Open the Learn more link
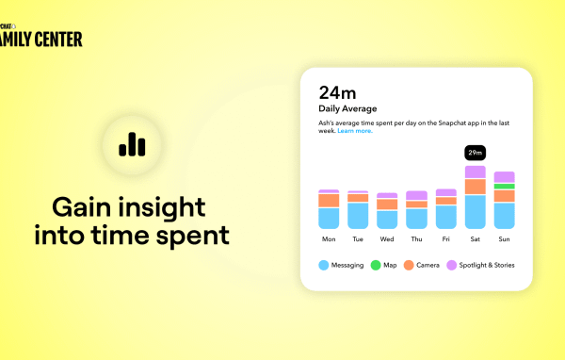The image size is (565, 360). pyautogui.click(x=355, y=131)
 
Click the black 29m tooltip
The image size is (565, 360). pyautogui.click(x=476, y=152)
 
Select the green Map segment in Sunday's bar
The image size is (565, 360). pyautogui.click(x=505, y=187)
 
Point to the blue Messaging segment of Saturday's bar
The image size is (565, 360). pyautogui.click(x=476, y=212)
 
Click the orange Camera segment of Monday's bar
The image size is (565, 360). pyautogui.click(x=329, y=201)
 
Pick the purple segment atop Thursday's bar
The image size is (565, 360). pyautogui.click(x=416, y=195)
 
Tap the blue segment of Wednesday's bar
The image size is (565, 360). pyautogui.click(x=387, y=220)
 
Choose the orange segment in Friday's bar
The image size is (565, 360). pyautogui.click(x=446, y=201)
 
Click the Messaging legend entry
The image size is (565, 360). pyautogui.click(x=345, y=265)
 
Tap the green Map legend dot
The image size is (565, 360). pyautogui.click(x=375, y=265)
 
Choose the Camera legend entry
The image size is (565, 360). pyautogui.click(x=421, y=265)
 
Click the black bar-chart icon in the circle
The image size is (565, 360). pyautogui.click(x=133, y=143)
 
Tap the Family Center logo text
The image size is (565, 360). pyautogui.click(x=41, y=39)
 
